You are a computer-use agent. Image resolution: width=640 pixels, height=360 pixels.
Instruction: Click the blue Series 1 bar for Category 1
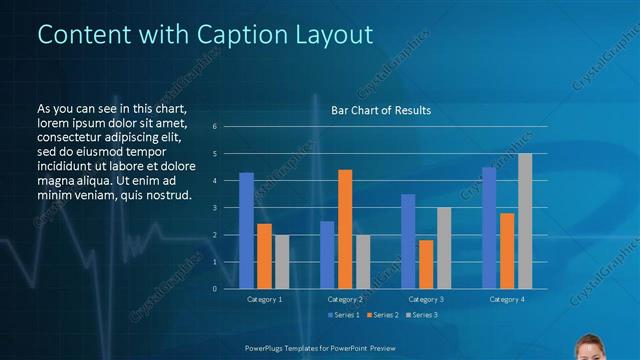(246, 230)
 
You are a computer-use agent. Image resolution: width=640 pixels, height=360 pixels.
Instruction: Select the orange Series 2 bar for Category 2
(345, 229)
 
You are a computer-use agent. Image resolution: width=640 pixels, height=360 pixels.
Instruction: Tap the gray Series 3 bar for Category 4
(525, 221)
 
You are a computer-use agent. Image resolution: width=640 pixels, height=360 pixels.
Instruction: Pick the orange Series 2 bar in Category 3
(426, 264)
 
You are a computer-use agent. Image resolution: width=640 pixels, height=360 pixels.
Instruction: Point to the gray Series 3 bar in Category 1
(282, 261)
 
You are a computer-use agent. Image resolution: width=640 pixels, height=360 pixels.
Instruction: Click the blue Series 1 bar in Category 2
(327, 254)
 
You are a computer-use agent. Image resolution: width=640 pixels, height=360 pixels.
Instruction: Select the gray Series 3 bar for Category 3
(444, 248)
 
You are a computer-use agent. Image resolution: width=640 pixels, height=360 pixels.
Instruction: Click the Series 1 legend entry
(344, 315)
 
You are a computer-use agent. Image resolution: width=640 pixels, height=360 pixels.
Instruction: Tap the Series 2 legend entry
(384, 315)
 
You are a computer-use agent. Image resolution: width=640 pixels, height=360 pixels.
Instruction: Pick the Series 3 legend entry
(423, 315)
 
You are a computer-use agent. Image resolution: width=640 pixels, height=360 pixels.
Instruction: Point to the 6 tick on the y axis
(214, 127)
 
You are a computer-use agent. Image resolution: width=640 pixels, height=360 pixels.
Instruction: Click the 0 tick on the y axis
(214, 289)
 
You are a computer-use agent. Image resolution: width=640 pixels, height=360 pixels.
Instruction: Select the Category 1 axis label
(264, 299)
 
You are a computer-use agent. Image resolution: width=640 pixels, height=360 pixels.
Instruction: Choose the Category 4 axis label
(507, 299)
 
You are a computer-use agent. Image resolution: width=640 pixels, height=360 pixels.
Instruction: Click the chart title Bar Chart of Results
(381, 110)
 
